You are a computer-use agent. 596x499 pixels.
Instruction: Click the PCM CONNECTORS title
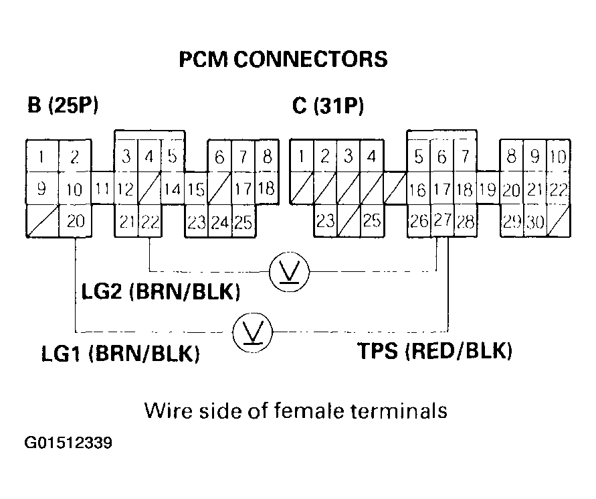[x=283, y=60]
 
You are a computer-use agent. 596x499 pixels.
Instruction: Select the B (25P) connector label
[x=64, y=106]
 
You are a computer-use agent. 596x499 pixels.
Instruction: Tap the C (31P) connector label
[x=328, y=106]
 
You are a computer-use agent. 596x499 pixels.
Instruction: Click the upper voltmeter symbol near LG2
[x=288, y=271]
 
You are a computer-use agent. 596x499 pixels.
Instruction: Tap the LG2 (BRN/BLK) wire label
[x=161, y=293]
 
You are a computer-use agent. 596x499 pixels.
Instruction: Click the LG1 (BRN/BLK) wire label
[x=120, y=353]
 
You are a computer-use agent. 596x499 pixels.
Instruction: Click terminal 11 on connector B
[x=102, y=190]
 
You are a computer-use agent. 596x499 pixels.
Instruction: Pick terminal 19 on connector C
[x=488, y=190]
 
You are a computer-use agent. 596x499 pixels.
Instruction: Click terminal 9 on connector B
[x=41, y=190]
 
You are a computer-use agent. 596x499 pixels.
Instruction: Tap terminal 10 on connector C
[x=557, y=158]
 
